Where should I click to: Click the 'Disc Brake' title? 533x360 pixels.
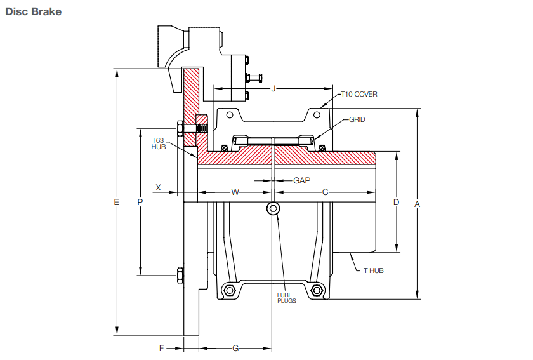(x=33, y=11)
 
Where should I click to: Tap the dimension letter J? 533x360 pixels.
(x=273, y=89)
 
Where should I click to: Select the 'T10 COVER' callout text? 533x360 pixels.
(x=359, y=94)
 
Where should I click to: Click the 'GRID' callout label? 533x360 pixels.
(x=357, y=119)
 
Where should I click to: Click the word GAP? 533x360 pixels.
(x=301, y=180)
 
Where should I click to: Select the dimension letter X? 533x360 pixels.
(x=159, y=188)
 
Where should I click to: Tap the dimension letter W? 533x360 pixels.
(x=234, y=191)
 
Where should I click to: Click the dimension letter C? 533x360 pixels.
(x=325, y=191)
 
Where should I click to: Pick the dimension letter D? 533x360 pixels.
(x=396, y=203)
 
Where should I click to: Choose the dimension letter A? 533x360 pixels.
(x=417, y=204)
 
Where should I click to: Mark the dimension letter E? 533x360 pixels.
(x=116, y=202)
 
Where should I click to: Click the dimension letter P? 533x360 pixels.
(x=140, y=202)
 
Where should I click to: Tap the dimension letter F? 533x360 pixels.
(x=162, y=348)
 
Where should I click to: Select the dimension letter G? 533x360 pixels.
(x=235, y=348)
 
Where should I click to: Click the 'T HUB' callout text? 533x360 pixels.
(x=373, y=270)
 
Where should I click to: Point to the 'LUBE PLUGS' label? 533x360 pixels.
(x=287, y=298)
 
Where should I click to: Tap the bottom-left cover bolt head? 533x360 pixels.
(x=228, y=291)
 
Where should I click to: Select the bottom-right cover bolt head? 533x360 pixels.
(x=317, y=291)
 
